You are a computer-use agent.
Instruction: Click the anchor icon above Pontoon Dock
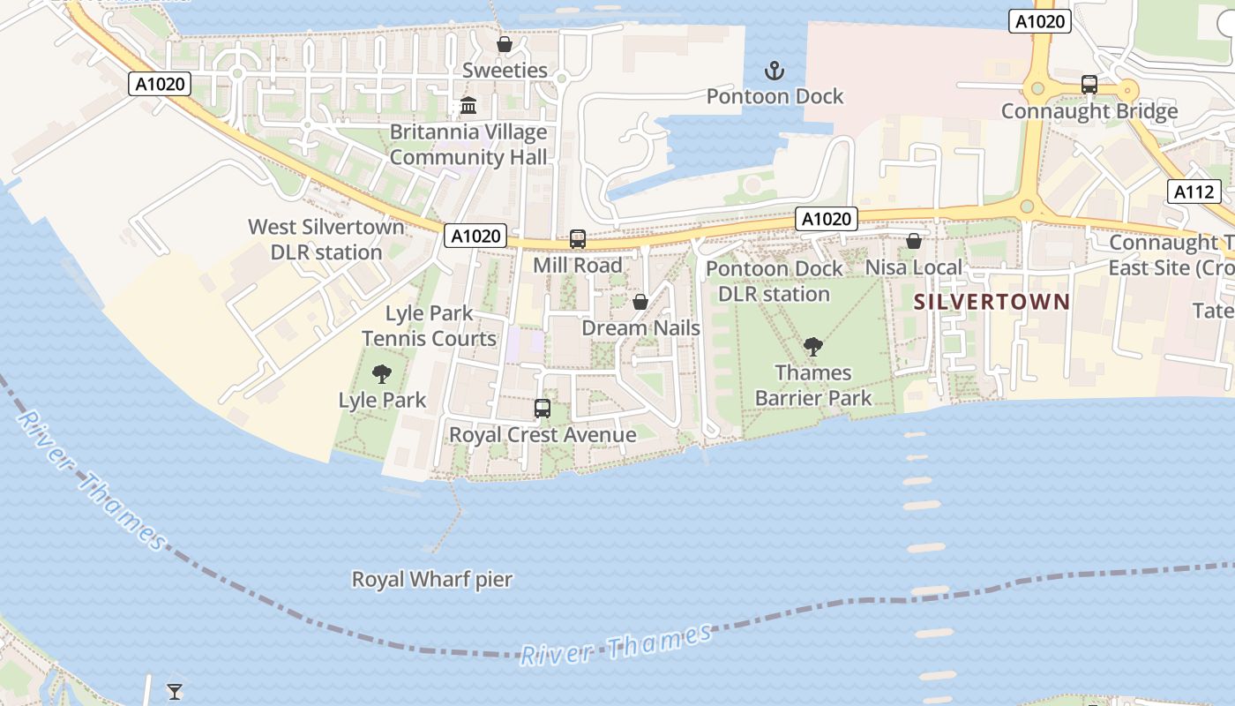pos(774,71)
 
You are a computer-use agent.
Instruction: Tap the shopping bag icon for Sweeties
pos(505,44)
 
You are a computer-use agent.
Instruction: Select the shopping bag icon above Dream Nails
pos(640,302)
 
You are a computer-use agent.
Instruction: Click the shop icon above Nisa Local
pos(914,241)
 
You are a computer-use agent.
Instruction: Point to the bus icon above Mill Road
pos(578,239)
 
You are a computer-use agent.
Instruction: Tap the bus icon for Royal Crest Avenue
pos(543,409)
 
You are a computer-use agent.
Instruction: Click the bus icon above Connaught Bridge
pos(1089,85)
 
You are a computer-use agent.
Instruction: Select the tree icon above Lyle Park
pos(382,374)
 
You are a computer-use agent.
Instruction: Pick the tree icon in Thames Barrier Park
pos(812,347)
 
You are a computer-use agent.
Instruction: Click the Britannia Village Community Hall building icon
pos(468,106)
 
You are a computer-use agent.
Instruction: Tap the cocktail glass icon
pos(175,691)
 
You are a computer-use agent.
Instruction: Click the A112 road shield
pos(1195,192)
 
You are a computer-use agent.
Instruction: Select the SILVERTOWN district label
pos(992,302)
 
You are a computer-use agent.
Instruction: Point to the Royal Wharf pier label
pos(432,580)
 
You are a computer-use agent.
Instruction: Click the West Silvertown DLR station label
pos(326,239)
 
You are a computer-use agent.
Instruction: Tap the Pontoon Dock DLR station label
pos(774,281)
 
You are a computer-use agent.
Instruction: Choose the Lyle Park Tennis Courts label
pos(430,326)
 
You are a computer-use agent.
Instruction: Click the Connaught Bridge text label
pos(1089,111)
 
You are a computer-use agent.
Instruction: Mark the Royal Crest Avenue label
pos(543,435)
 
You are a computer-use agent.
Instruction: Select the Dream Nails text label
pos(640,328)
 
